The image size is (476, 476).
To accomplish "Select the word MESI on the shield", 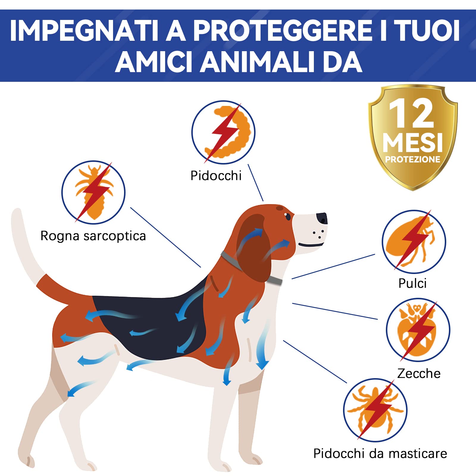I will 413,143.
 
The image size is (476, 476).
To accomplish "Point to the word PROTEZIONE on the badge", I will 413,159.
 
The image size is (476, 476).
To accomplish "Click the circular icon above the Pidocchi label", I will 223,132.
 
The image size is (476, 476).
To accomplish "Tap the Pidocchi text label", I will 216,176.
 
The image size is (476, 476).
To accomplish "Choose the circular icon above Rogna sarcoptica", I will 93,192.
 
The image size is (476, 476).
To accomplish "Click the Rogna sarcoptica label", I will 93,236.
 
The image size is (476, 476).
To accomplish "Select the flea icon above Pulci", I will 414,242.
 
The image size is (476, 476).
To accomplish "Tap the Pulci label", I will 412,284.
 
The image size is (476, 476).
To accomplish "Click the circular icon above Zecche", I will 418,330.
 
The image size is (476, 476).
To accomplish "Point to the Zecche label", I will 419,374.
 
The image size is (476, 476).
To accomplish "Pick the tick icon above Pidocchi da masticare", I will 375,410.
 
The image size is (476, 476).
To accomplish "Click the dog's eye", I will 287,216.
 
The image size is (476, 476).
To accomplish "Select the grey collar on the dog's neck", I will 275,280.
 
